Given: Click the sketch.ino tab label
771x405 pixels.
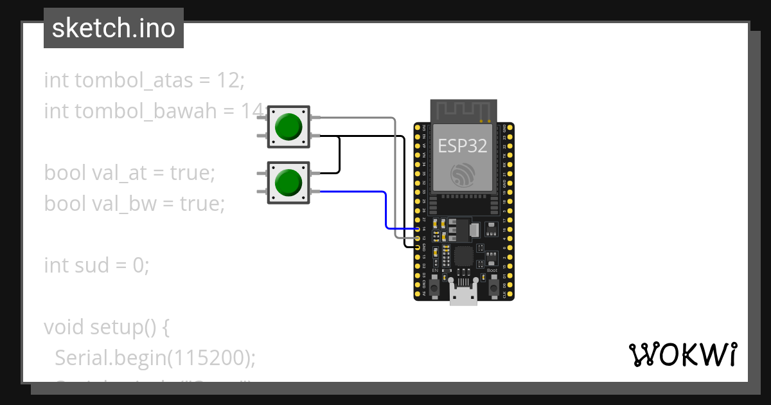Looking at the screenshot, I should (x=113, y=28).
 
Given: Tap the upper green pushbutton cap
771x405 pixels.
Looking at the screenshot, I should (x=288, y=127).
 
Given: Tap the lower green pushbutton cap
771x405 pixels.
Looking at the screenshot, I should (x=288, y=183).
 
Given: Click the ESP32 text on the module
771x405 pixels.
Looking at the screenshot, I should (x=463, y=145).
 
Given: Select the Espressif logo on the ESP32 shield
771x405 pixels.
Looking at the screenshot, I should (x=463, y=175).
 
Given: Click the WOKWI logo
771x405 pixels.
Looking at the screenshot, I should (x=682, y=354).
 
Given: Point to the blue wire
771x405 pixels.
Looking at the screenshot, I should (x=385, y=209).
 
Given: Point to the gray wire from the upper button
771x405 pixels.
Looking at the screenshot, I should (x=394, y=174).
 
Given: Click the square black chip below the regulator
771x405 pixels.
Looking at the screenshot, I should (x=464, y=256).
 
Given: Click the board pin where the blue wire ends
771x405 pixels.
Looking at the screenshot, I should (x=418, y=229).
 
